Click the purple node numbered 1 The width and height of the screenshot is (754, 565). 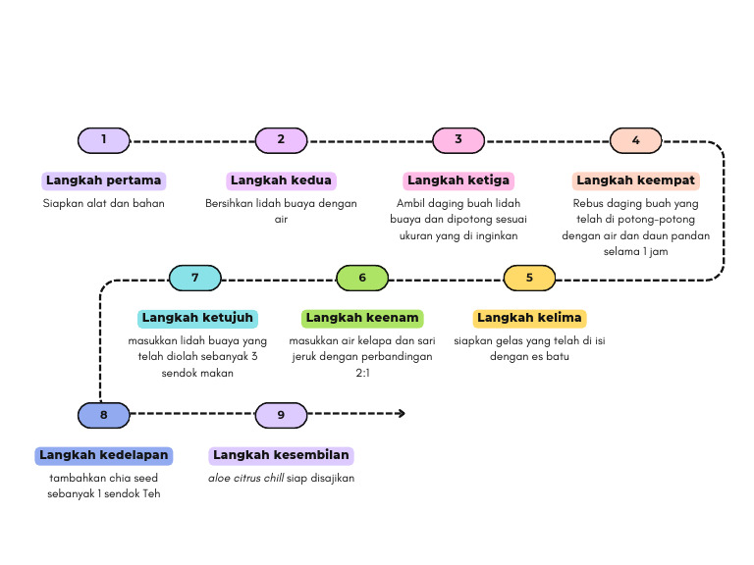103,140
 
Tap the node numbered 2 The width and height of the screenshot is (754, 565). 281,140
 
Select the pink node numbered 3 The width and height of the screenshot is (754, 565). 458,140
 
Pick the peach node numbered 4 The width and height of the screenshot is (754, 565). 635,140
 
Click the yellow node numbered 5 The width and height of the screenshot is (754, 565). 529,278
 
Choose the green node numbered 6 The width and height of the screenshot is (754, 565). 362,278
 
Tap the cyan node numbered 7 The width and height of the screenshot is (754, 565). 195,278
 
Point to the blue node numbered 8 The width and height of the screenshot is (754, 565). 103,415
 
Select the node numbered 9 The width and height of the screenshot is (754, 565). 281,415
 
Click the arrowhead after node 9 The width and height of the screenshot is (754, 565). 401,414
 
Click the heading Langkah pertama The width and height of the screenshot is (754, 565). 104,180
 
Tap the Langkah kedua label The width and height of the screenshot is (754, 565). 282,180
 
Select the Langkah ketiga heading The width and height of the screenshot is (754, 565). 458,180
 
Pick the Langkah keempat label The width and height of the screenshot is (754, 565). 636,180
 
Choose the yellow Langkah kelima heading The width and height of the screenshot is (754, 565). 530,318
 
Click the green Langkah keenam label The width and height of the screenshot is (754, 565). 362,318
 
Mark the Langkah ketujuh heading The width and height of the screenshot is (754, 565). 198,318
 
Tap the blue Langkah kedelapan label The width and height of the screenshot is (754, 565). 104,455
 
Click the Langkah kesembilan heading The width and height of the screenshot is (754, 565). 282,455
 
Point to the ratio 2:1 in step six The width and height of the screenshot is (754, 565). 362,373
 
